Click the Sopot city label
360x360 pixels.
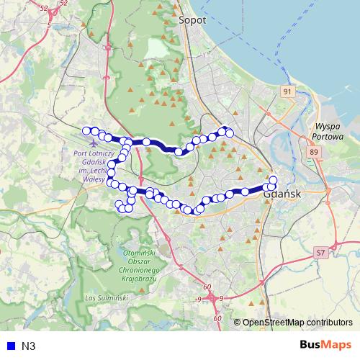coord(192,21)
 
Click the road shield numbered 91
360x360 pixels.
coord(288,91)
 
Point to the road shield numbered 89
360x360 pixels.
coord(313,152)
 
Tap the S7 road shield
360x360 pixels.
coord(320,253)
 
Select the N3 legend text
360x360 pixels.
coord(29,346)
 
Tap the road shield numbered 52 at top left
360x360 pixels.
coord(45,7)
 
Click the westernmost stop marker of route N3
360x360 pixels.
coord(86,130)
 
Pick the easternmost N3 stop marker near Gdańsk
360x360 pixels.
coord(274,179)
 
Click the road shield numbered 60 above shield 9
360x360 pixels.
coord(207,287)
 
